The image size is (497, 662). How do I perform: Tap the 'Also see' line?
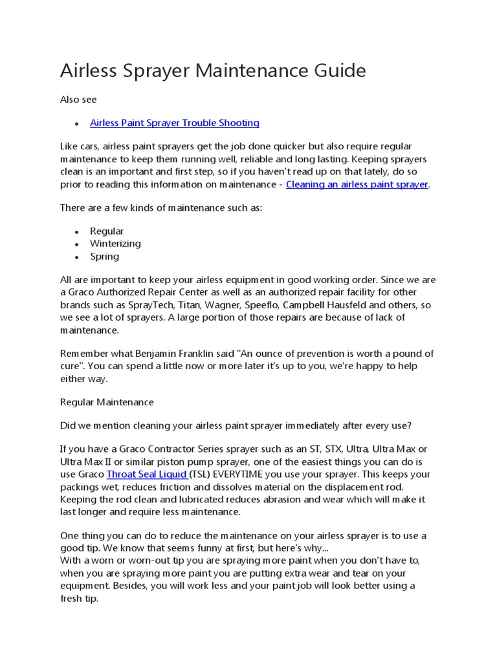(78, 100)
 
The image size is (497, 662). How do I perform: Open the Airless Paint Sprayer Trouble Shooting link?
(174, 123)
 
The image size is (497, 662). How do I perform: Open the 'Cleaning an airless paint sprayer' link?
(357, 184)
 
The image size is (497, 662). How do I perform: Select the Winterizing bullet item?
(115, 244)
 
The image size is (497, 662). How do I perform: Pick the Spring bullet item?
(104, 256)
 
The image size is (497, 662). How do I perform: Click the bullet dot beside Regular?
(76, 231)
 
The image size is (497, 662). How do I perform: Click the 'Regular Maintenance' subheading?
(107, 402)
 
